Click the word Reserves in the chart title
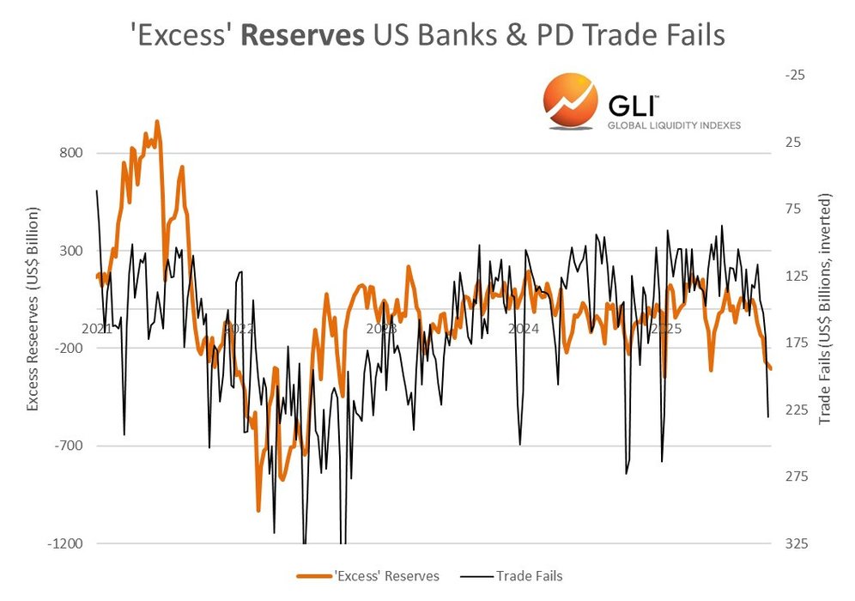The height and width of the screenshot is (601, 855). point(314,35)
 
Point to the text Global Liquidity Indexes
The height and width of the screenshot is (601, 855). point(673,125)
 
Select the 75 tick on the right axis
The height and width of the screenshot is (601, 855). point(796,209)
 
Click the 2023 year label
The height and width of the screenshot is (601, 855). point(380,329)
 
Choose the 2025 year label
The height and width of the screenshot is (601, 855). point(666,329)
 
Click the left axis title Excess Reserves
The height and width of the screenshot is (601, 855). point(33,308)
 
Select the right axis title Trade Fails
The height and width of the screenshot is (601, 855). point(826,308)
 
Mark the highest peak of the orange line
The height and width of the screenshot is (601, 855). point(157,122)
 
